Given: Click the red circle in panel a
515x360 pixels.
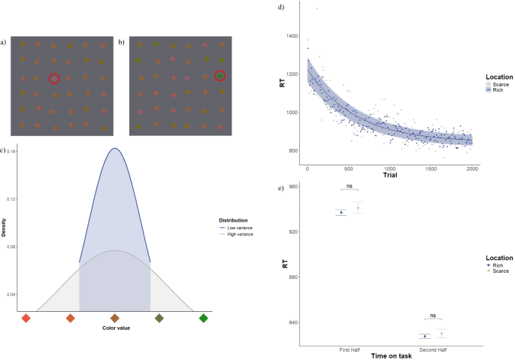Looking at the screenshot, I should click(54, 78).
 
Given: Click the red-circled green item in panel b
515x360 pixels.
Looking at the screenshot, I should click(220, 75).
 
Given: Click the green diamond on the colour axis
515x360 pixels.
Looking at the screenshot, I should click(203, 319).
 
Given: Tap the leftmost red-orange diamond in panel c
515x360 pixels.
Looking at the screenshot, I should click(26, 319).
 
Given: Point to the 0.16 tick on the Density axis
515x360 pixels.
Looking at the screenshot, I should click(13, 151).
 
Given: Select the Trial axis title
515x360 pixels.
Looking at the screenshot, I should click(389, 175).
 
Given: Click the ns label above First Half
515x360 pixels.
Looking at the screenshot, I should click(350, 184).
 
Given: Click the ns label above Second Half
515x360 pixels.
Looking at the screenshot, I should click(432, 316).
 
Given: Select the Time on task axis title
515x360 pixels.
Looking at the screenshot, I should click(389, 355).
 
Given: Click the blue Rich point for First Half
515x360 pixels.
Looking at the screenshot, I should click(341, 213).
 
